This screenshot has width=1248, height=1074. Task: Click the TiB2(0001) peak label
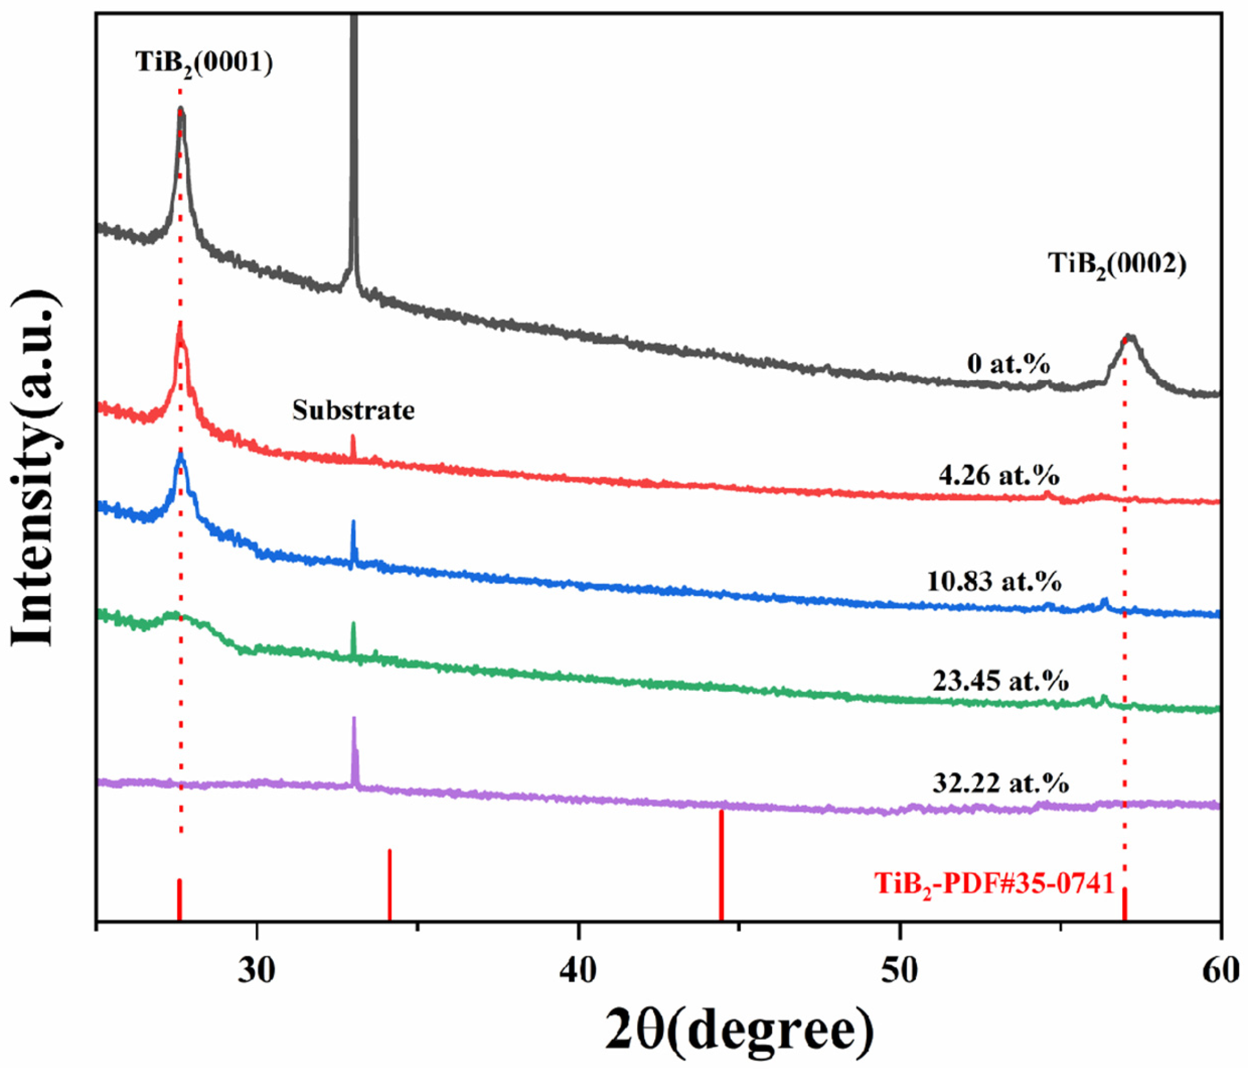click(x=204, y=63)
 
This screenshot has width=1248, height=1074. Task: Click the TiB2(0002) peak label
click(x=1118, y=264)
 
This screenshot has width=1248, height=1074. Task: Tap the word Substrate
click(x=354, y=411)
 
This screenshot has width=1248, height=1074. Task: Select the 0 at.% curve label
click(x=1009, y=365)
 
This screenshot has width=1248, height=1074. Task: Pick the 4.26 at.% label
click(x=999, y=476)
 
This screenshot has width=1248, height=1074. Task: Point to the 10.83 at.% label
click(x=994, y=581)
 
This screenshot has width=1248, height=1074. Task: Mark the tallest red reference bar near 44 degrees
click(x=721, y=868)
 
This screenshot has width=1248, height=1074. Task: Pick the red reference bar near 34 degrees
click(x=389, y=886)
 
